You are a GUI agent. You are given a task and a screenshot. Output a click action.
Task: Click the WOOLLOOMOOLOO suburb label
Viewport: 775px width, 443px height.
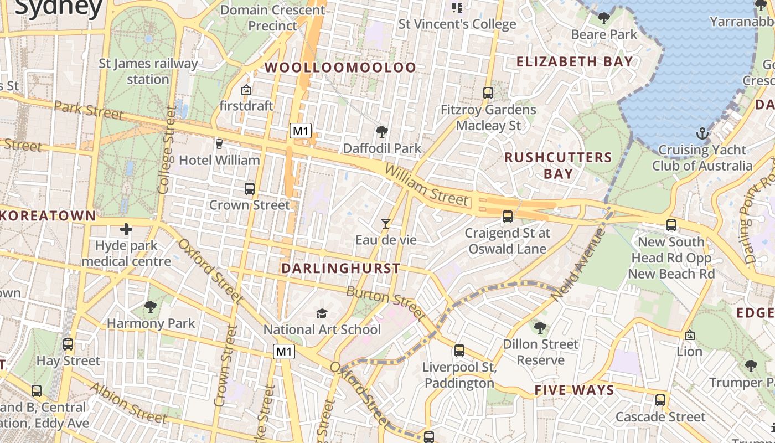[340, 68]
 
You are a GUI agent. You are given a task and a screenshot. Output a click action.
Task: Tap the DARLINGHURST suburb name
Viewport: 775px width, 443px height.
[340, 269]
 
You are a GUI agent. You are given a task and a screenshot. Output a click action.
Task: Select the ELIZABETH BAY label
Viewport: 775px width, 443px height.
[575, 61]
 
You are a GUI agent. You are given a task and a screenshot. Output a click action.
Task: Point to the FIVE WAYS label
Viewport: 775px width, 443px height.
[574, 390]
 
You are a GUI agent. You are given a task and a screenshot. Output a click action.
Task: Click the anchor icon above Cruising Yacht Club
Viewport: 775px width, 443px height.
[702, 133]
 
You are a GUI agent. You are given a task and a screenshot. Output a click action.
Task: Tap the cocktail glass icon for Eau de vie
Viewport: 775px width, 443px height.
[386, 224]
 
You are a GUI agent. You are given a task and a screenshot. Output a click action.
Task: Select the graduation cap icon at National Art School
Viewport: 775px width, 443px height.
[322, 314]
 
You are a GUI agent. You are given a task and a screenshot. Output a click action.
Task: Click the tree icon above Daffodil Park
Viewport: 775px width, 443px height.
[381, 132]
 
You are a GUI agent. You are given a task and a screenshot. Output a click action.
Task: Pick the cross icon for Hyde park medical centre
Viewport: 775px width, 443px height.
[126, 229]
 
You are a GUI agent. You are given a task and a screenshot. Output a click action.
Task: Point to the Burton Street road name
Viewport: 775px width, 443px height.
[386, 303]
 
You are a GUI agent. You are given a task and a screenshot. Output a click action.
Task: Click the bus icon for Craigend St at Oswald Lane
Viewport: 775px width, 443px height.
[507, 217]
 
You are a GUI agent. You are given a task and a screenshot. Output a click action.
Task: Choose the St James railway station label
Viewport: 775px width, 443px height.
[148, 71]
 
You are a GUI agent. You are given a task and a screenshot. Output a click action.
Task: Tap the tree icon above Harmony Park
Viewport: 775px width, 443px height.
[151, 306]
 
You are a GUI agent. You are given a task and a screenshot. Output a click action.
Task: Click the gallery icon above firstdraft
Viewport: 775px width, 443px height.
[246, 89]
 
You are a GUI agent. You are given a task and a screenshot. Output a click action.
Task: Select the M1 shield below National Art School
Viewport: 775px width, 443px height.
[283, 351]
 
